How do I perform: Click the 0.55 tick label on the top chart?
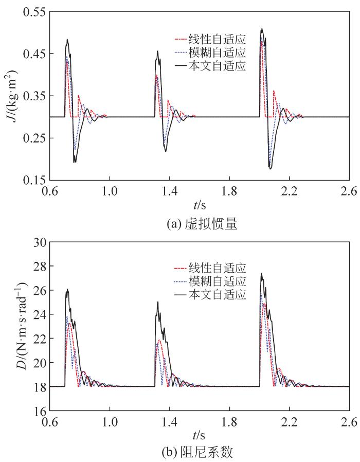click(32, 12)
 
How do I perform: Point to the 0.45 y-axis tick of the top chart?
click(32, 54)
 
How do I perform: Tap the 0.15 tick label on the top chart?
click(32, 181)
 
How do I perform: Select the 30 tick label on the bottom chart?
click(38, 242)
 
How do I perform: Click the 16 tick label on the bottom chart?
click(38, 411)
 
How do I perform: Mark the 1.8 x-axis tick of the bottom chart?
click(229, 422)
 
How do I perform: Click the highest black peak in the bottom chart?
click(261, 274)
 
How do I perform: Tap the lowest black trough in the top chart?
click(270, 168)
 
